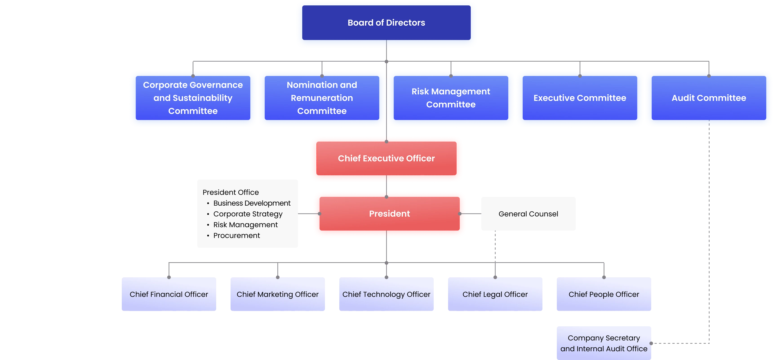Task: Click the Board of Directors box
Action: click(x=386, y=23)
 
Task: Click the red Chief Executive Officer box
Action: click(x=386, y=158)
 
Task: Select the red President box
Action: click(x=389, y=214)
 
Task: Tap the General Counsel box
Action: click(x=528, y=214)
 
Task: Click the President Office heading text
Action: click(x=231, y=192)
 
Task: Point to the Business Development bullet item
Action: click(x=252, y=203)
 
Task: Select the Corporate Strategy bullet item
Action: click(x=248, y=214)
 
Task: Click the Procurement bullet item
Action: click(x=236, y=236)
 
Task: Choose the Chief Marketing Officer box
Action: click(x=278, y=294)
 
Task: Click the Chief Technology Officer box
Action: click(x=386, y=294)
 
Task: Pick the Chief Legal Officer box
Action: click(x=495, y=294)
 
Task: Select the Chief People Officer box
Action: click(x=604, y=294)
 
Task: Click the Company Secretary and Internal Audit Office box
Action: click(x=604, y=343)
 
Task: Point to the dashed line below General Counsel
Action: click(x=495, y=246)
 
